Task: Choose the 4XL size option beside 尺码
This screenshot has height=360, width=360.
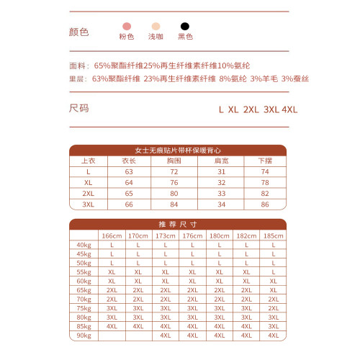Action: coord(290,109)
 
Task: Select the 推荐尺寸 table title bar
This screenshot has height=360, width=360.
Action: coord(178,224)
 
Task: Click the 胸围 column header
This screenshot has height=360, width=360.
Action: coord(173,161)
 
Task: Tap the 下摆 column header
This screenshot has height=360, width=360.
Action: coord(264,161)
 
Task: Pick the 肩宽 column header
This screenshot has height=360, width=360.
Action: coord(221,161)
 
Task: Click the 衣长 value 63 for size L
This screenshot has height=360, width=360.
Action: coord(130,172)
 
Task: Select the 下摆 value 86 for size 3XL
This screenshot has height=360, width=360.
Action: coord(264,204)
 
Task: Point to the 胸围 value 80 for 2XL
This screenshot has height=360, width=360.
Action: coord(173,194)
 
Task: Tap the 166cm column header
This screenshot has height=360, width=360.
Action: coord(112,235)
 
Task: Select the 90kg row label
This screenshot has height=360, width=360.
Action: coord(84,335)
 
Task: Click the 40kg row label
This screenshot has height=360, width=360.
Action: coord(84,245)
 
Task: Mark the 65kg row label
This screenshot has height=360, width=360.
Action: coord(84,289)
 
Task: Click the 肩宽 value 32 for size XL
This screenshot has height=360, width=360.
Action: coord(221,183)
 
